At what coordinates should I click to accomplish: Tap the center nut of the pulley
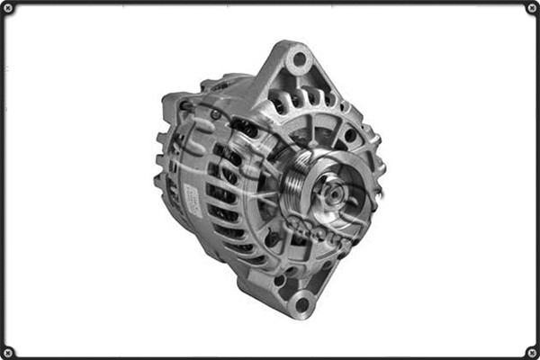coord(328,192)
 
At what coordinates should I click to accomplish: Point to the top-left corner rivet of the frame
coord(8,9)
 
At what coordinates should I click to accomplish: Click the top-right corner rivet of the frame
coord(531,9)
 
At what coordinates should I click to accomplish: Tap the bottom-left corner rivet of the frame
coord(8,351)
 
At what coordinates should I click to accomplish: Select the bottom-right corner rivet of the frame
coord(531,351)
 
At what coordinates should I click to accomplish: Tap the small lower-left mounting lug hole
coord(281,280)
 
